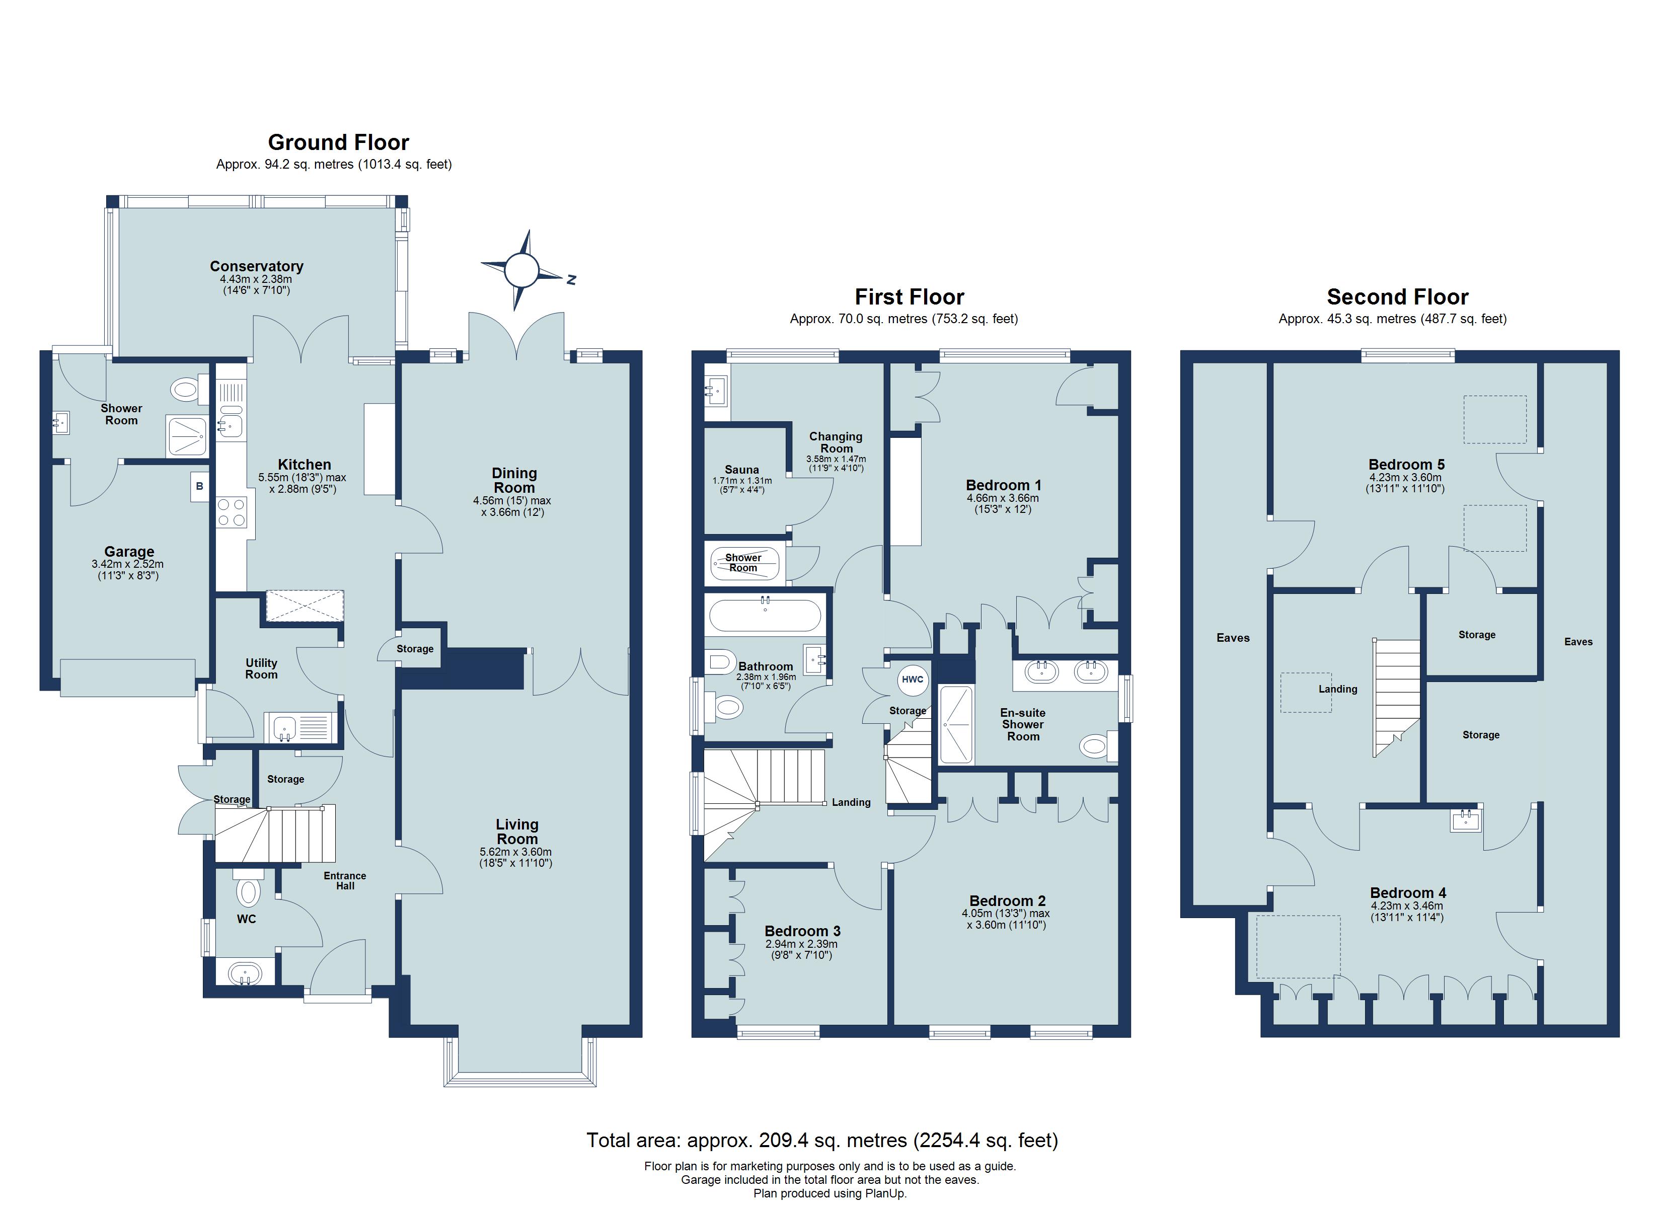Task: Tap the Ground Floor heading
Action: [x=338, y=142]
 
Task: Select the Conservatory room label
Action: [x=256, y=266]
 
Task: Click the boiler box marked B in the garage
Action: [x=199, y=486]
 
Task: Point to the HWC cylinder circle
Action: [x=913, y=679]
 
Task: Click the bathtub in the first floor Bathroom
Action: [x=766, y=616]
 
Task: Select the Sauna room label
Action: [x=742, y=470]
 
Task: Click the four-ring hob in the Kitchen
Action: [x=232, y=511]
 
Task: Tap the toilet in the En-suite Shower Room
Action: [x=1097, y=746]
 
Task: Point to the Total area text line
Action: [x=822, y=1140]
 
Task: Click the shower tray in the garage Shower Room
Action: [x=187, y=435]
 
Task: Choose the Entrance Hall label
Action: [x=345, y=880]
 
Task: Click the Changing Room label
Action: [x=836, y=442]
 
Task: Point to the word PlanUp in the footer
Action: [x=885, y=1193]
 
